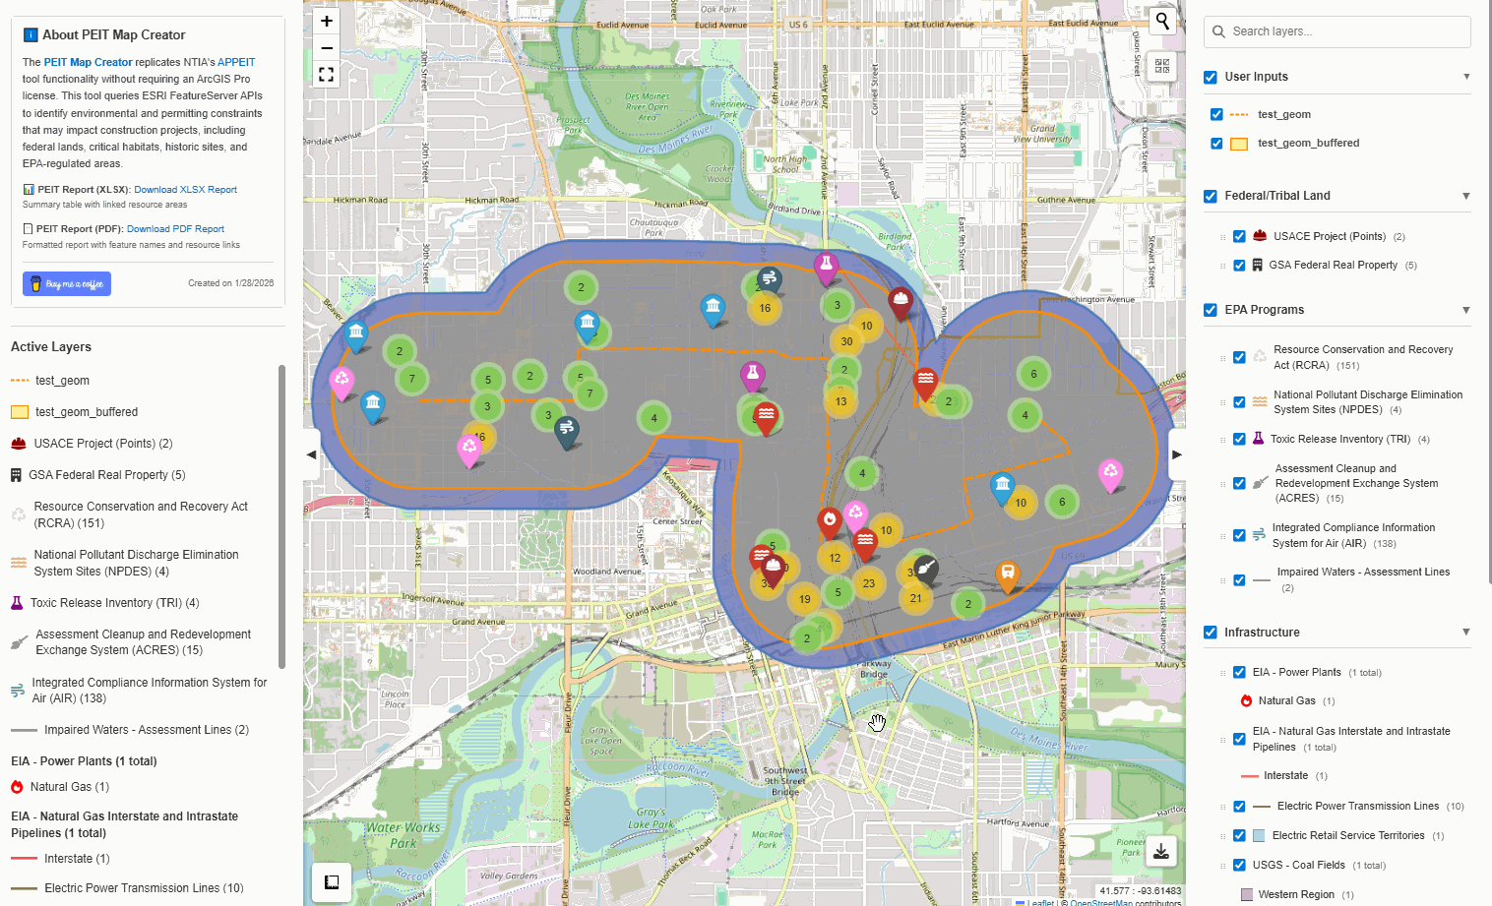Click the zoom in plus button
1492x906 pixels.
tap(327, 21)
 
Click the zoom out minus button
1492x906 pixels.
tap(327, 47)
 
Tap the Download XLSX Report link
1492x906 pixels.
tap(185, 190)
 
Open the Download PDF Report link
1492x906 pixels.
tap(175, 229)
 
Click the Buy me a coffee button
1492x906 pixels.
tap(67, 284)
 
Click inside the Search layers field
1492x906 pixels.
tap(1338, 31)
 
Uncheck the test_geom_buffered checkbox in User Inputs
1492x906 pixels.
tap(1216, 144)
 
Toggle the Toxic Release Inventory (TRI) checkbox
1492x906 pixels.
tap(1239, 440)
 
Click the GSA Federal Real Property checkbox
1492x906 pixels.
tap(1239, 266)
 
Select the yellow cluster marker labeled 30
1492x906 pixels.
tap(846, 341)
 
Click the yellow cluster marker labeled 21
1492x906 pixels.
tap(916, 598)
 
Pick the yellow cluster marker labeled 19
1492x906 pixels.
tap(805, 599)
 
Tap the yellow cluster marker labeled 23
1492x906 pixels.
tap(869, 583)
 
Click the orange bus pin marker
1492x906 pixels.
tap(1007, 573)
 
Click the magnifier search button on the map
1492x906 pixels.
tap(1162, 21)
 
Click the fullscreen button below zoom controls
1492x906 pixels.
tap(327, 75)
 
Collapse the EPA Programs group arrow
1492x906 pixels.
tap(1465, 310)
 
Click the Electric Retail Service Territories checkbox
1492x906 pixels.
tap(1239, 836)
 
